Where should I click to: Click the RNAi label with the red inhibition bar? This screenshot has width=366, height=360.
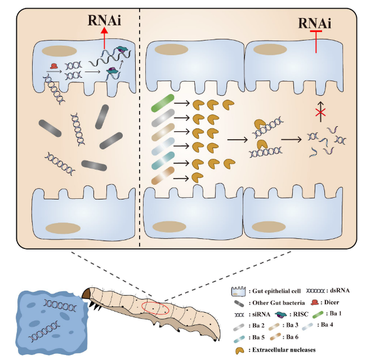(315, 23)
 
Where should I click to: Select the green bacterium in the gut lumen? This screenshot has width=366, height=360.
(162, 103)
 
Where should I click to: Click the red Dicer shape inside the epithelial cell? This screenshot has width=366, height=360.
(54, 67)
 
